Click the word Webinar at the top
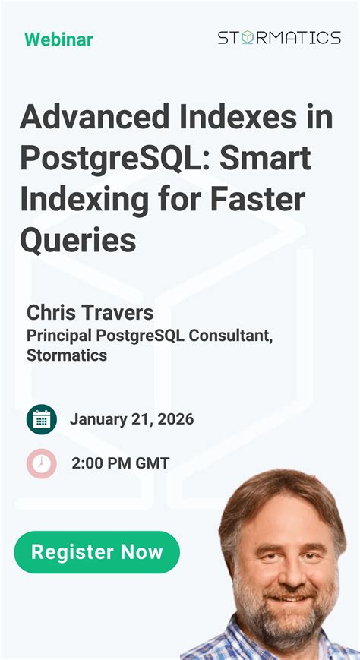pos(58,39)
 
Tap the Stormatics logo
pos(279,38)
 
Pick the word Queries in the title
pos(78,240)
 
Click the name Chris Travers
pos(90,312)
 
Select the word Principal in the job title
pos(58,334)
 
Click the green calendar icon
pos(41,419)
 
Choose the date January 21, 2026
pos(131,419)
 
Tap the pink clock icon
pos(41,463)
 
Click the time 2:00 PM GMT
pos(120,463)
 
